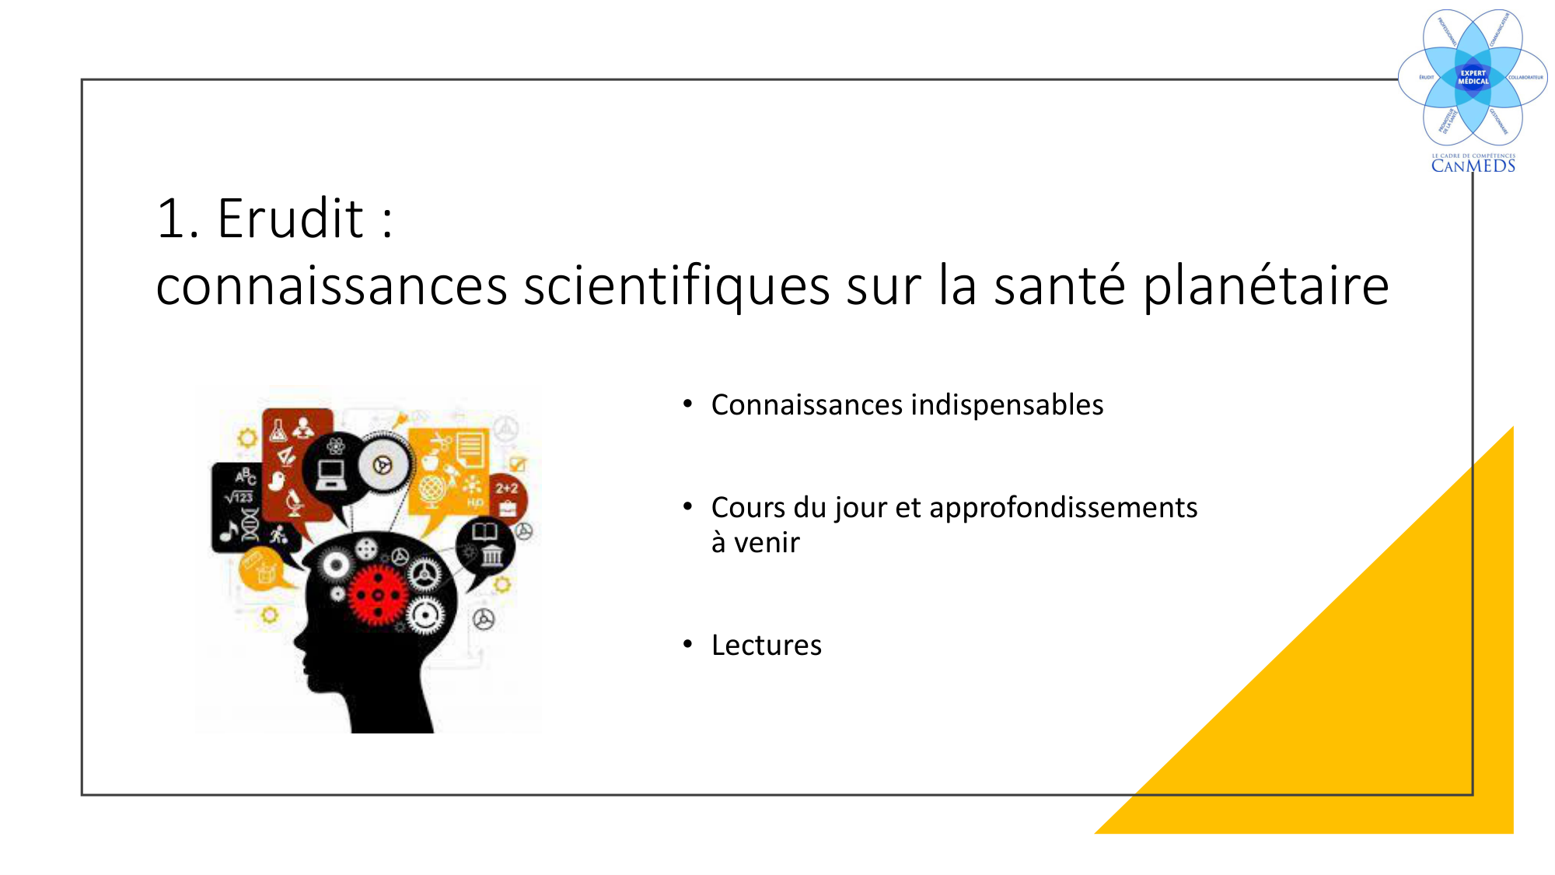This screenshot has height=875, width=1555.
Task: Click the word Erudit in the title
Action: [x=290, y=219]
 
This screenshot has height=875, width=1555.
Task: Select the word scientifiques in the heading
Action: [x=676, y=286]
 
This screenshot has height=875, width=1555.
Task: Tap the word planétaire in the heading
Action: [x=1265, y=286]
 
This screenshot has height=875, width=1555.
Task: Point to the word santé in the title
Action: [x=1059, y=285]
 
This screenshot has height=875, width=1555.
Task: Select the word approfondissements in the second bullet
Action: [x=1063, y=508]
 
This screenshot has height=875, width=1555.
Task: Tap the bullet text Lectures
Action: [x=766, y=646]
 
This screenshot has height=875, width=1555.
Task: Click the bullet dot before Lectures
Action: [x=687, y=644]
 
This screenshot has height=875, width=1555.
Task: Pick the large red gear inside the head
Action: [x=377, y=595]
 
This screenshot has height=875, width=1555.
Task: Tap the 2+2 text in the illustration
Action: [x=507, y=488]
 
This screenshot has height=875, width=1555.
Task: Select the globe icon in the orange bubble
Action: [x=432, y=490]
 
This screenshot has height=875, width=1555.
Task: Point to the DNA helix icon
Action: [x=250, y=524]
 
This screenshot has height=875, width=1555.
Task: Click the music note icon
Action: [x=229, y=531]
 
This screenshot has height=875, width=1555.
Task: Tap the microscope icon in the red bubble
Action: [x=294, y=502]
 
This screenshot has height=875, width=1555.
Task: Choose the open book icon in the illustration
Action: [x=485, y=531]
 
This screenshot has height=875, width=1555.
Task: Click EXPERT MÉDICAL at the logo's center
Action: [x=1473, y=77]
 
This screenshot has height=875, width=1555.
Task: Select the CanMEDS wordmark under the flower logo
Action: [x=1473, y=166]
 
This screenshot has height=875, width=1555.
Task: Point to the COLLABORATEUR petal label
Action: [x=1525, y=78]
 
